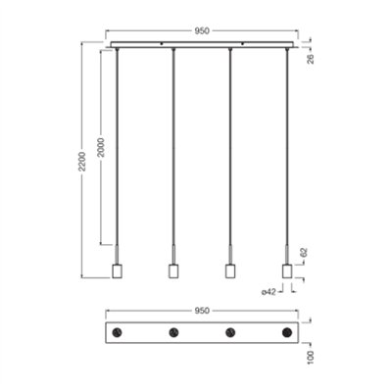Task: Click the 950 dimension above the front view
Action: click(202, 31)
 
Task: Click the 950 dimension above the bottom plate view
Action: click(202, 311)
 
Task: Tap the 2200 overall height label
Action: click(83, 162)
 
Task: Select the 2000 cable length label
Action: click(102, 147)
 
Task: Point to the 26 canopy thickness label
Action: click(311, 59)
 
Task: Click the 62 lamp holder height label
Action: click(304, 253)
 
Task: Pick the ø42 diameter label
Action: click(269, 292)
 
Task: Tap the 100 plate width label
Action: click(311, 358)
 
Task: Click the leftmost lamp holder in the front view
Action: click(117, 270)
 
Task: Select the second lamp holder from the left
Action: click(173, 270)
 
